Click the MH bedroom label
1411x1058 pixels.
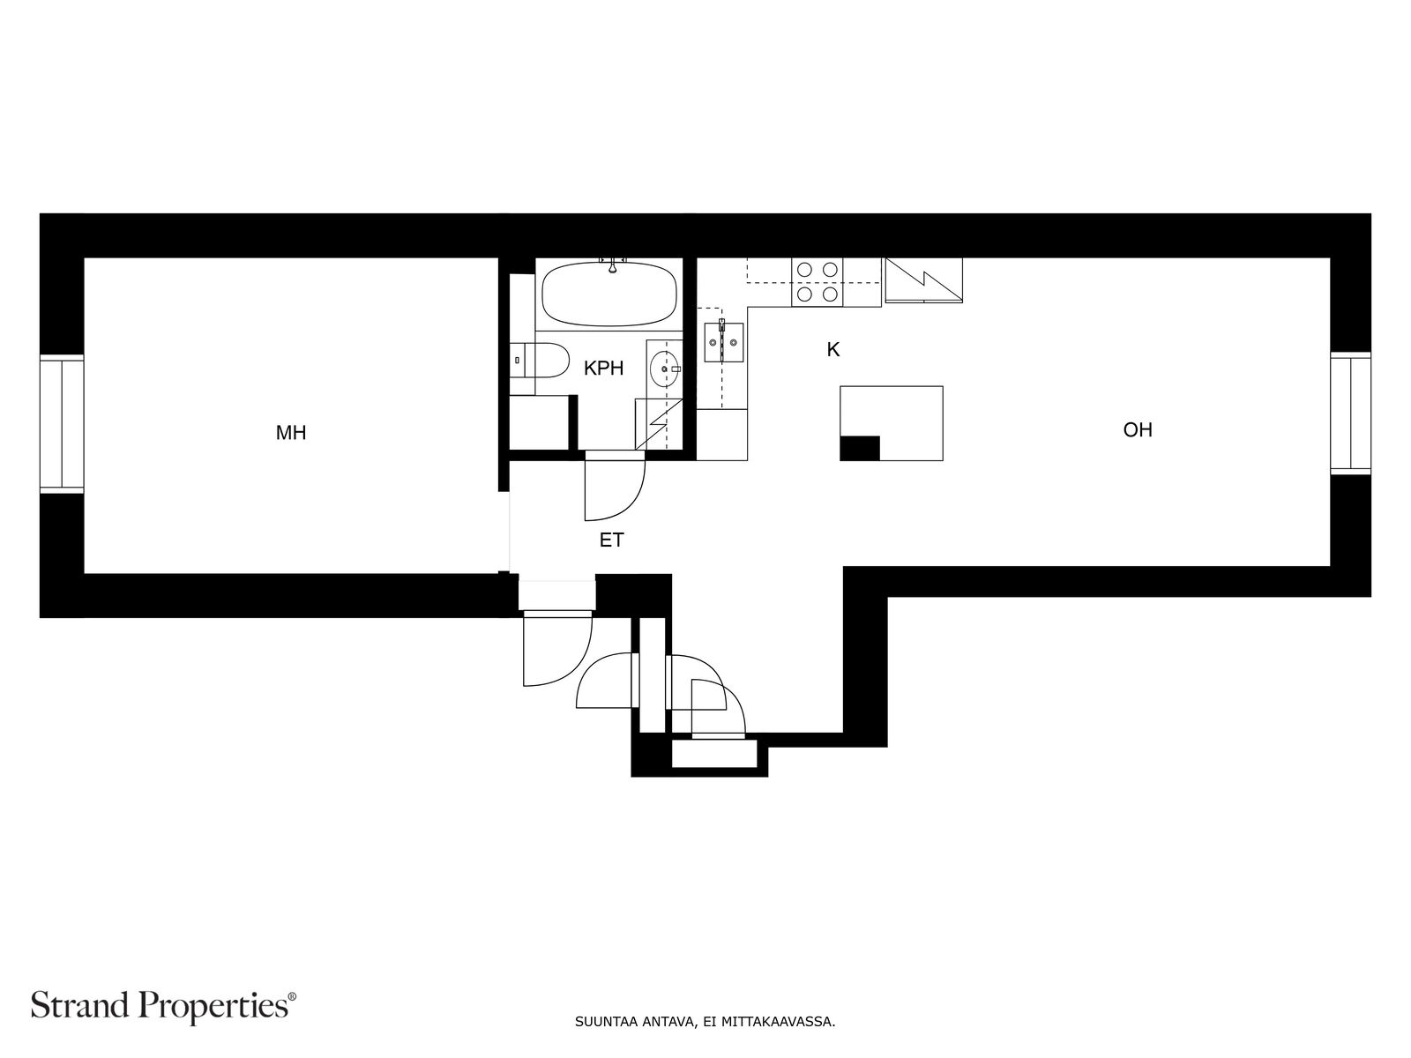pyautogui.click(x=290, y=433)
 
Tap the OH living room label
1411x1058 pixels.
pyautogui.click(x=1137, y=429)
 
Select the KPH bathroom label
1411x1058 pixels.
pyautogui.click(x=603, y=368)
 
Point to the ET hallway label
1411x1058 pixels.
pyautogui.click(x=611, y=540)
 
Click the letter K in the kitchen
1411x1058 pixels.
pyautogui.click(x=833, y=349)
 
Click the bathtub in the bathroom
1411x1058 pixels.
pyautogui.click(x=609, y=294)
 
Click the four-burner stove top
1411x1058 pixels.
pyautogui.click(x=817, y=282)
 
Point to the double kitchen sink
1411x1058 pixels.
pyautogui.click(x=724, y=342)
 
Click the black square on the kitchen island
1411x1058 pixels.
pyautogui.click(x=860, y=449)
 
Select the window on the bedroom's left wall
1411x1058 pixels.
pyautogui.click(x=62, y=424)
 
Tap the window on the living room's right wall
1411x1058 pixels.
pyautogui.click(x=1350, y=414)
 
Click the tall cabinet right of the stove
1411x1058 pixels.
pyautogui.click(x=923, y=280)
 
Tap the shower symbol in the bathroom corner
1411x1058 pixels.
pyautogui.click(x=658, y=424)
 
